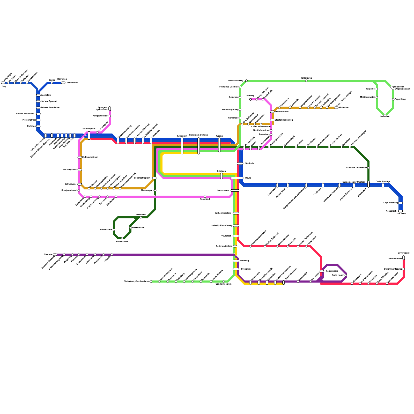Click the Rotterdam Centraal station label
198,135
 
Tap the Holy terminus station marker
3,83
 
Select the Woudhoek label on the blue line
72,83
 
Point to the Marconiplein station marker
89,136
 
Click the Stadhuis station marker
240,164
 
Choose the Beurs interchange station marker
237,178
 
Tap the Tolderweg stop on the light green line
306,81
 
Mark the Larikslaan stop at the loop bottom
385,114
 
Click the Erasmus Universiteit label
357,168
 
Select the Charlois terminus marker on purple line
55,255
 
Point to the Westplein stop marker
141,217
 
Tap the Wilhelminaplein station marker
236,213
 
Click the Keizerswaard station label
332,271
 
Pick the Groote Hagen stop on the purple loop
346,275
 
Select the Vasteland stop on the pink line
205,197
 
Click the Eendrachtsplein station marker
154,178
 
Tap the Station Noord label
282,112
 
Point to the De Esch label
402,214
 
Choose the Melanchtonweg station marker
246,81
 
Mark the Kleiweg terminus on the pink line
250,99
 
